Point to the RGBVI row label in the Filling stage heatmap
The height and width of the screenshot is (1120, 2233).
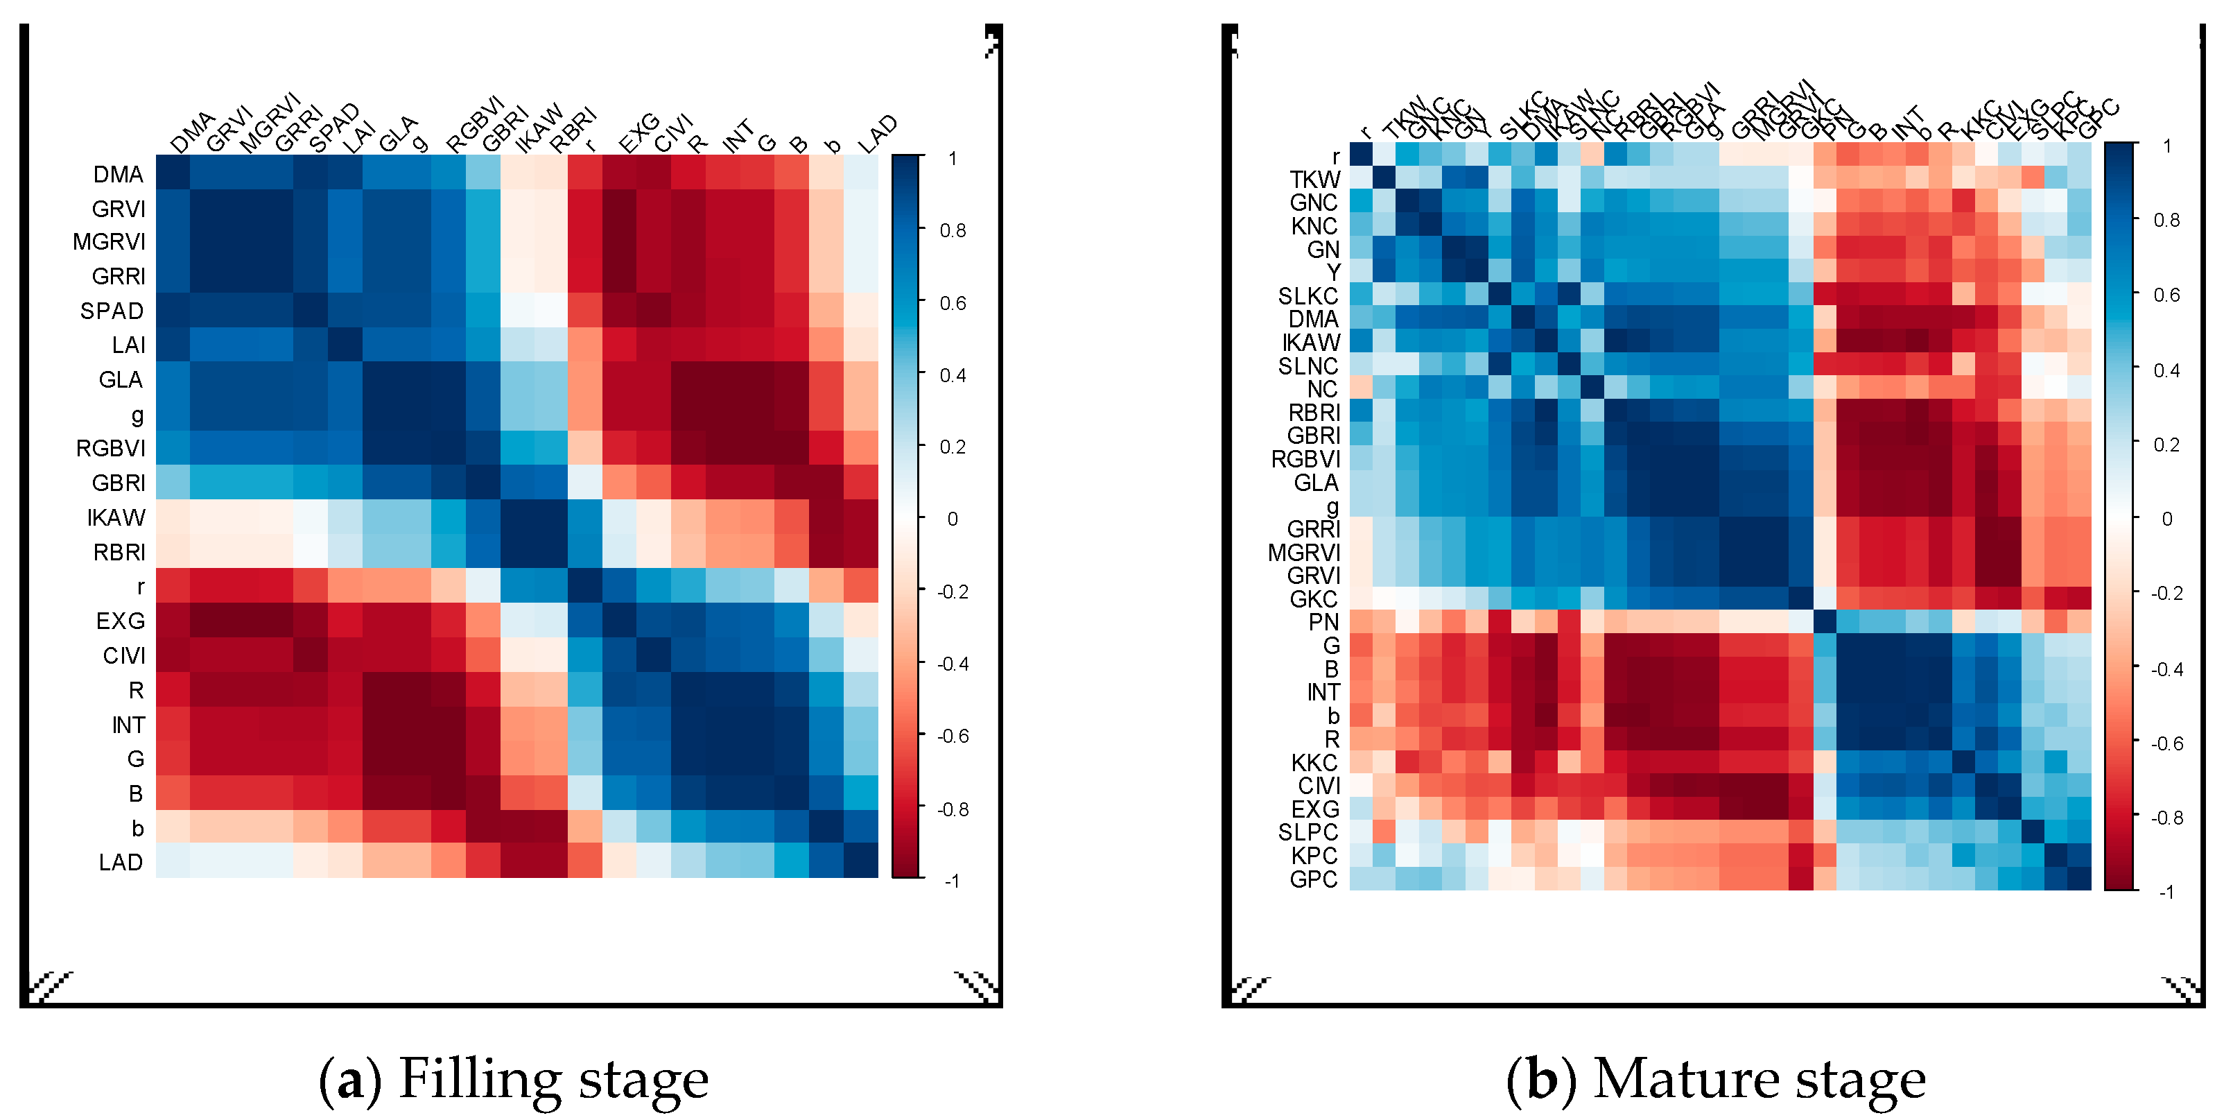110,448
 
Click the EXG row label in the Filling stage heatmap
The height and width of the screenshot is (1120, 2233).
120,621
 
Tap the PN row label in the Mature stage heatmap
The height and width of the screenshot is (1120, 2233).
1323,621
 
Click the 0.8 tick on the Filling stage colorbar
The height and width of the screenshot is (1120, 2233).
953,230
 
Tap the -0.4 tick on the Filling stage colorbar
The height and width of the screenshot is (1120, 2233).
952,664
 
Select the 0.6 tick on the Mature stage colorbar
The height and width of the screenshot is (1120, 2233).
2166,295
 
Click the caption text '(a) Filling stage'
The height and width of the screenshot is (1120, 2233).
513,1079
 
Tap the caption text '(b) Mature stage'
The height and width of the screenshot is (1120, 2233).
1716,1079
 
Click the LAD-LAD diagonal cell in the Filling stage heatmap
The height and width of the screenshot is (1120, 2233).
861,861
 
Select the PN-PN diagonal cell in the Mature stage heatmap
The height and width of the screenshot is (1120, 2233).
1824,621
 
